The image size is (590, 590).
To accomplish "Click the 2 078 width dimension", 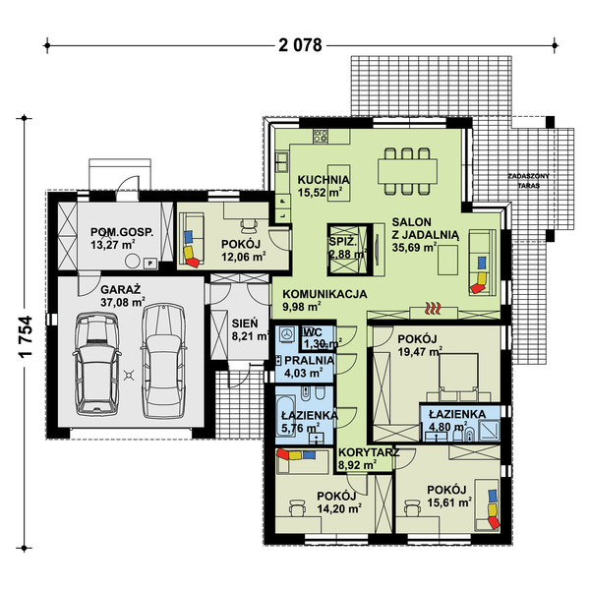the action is click(300, 45).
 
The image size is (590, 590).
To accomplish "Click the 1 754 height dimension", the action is click(27, 336).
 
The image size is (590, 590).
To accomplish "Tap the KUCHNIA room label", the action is click(324, 180).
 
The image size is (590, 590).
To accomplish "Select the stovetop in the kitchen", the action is click(321, 136).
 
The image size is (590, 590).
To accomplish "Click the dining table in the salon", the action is click(407, 171).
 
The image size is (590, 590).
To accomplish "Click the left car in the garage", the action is click(97, 364).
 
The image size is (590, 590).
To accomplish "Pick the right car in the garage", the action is click(163, 361).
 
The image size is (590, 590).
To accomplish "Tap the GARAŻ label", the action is click(120, 290).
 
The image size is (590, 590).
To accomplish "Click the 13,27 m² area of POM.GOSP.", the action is click(113, 245).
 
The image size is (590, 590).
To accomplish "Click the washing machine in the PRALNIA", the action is click(288, 334).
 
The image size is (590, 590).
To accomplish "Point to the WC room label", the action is click(312, 332).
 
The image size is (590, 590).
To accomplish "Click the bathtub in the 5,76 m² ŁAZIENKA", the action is click(286, 415).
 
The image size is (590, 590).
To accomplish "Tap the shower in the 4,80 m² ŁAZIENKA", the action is click(489, 430).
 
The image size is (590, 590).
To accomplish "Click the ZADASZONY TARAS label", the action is click(528, 181).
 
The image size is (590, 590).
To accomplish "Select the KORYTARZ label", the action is click(369, 452).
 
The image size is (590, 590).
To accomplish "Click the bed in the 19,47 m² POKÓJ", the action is click(458, 378).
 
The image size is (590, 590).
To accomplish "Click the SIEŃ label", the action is click(245, 324).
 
